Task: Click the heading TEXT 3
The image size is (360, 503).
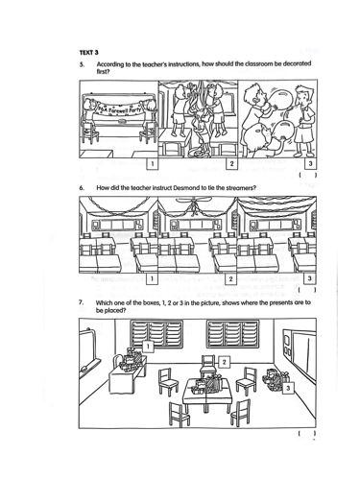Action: point(89,52)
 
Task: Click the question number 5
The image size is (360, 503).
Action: point(83,64)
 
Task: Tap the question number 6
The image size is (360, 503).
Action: point(83,187)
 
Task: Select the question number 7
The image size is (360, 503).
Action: point(82,302)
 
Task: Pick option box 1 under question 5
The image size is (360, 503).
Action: point(152,163)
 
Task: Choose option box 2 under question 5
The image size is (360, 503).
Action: point(231,163)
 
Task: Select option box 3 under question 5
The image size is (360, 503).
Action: point(310,163)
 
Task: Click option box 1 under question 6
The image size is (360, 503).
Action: point(152,278)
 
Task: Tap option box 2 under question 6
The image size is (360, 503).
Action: point(230,278)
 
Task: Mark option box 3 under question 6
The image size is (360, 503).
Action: point(309,278)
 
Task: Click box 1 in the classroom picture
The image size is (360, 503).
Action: point(148,347)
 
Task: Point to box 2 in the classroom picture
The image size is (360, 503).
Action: point(224,362)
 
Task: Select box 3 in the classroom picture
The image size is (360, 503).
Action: point(288,388)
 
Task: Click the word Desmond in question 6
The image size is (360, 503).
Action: point(185,187)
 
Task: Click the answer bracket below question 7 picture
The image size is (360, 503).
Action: point(307,433)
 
